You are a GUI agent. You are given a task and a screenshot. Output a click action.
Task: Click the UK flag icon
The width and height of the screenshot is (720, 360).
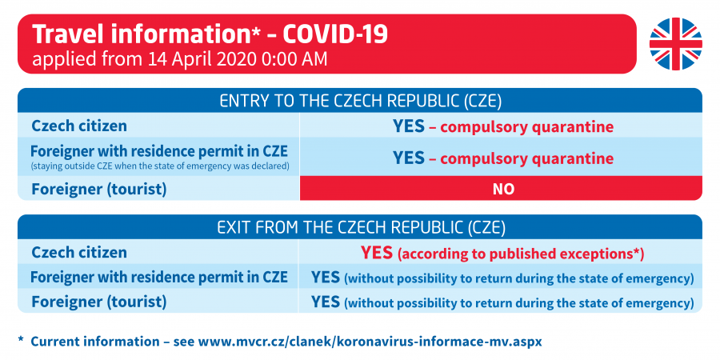[x=675, y=44]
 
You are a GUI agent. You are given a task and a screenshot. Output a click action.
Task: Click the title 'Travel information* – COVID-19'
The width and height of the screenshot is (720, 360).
[x=210, y=34]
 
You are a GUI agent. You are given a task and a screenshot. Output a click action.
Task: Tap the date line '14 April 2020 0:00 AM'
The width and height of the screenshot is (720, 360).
[x=238, y=59]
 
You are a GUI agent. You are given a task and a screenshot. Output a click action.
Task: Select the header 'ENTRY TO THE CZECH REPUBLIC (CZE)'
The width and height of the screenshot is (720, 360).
[x=359, y=101]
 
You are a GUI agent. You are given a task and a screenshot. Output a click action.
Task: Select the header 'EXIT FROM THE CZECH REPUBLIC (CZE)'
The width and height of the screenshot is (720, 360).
[x=359, y=227]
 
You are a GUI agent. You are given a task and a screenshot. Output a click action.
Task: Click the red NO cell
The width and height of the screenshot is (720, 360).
[x=501, y=189]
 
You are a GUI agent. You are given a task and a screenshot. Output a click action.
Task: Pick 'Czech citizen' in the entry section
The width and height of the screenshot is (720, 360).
[x=79, y=126]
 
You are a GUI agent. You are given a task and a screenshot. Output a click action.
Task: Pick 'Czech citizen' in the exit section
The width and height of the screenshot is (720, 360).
[x=79, y=252]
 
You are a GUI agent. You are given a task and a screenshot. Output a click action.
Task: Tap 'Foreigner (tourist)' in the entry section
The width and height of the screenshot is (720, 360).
[x=98, y=189]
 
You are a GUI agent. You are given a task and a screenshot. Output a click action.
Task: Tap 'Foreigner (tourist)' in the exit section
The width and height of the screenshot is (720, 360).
[x=98, y=302]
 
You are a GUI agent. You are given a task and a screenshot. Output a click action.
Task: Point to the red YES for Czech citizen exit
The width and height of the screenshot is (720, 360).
[x=377, y=253]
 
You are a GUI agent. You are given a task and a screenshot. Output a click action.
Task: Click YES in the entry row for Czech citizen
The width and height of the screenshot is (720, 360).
[x=409, y=126]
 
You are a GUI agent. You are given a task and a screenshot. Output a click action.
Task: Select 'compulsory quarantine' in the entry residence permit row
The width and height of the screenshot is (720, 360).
[x=526, y=158]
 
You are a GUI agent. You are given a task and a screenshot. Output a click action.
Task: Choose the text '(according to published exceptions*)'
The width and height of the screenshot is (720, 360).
[x=521, y=253]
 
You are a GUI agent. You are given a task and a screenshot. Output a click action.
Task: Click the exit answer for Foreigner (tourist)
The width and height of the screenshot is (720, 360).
[x=502, y=302]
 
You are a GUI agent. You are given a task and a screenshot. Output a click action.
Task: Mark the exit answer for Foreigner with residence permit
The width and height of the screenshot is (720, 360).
[x=502, y=278]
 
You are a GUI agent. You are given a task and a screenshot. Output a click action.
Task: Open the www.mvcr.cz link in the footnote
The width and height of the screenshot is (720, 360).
[x=370, y=342]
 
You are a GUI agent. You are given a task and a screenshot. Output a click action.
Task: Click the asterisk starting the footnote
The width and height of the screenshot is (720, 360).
[x=21, y=340]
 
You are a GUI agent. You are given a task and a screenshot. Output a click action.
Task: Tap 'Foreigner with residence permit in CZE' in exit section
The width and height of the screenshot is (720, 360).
[x=159, y=278]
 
